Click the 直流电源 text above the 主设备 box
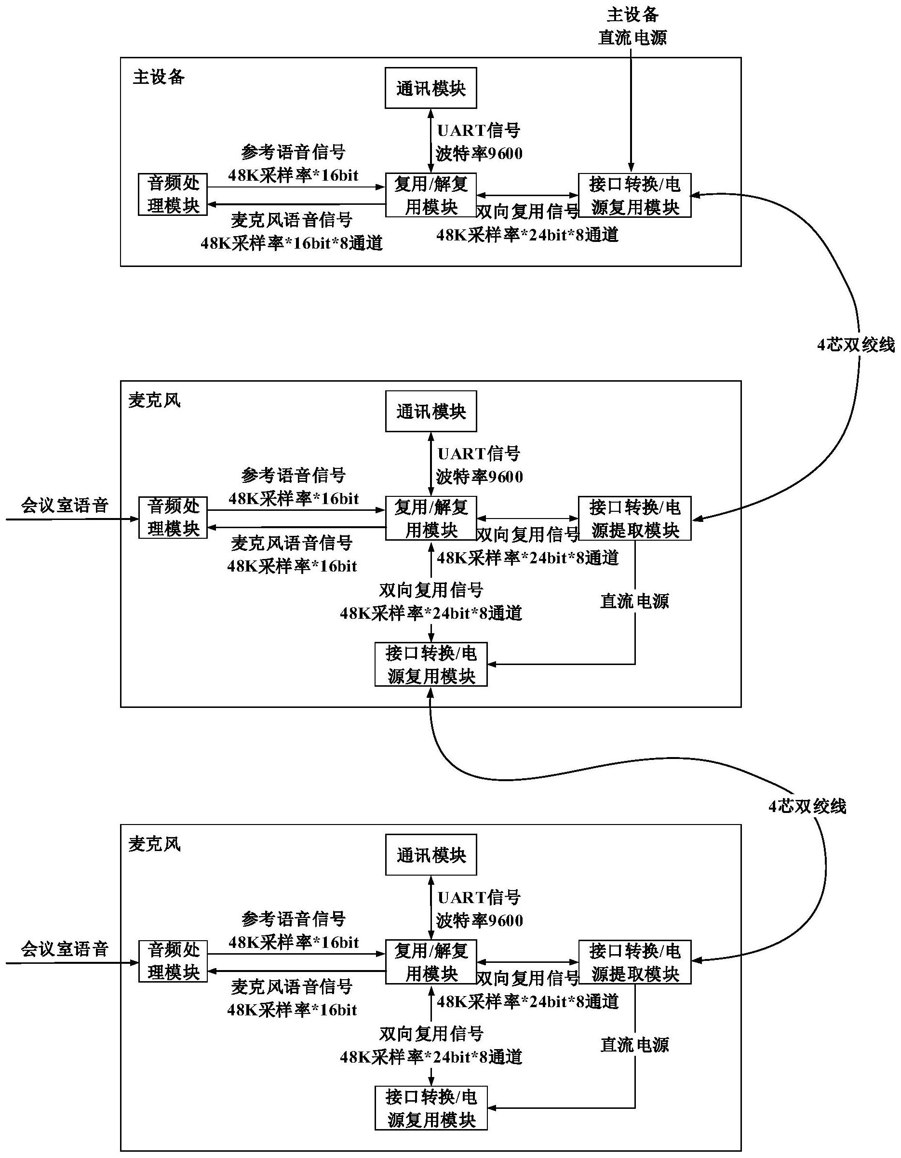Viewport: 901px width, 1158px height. click(x=632, y=38)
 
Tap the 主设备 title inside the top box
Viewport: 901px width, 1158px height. click(x=159, y=78)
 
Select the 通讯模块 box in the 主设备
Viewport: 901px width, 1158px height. click(x=430, y=88)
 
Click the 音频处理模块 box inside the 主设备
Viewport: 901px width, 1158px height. click(x=173, y=195)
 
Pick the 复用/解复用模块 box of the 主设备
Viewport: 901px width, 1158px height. click(x=430, y=195)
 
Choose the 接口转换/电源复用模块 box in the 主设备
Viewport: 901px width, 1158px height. click(x=635, y=196)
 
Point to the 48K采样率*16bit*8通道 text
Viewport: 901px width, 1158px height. click(x=292, y=243)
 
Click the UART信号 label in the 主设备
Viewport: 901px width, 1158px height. click(x=478, y=131)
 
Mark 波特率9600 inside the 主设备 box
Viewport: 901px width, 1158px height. click(x=479, y=154)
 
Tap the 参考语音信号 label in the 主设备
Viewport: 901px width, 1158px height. click(x=293, y=153)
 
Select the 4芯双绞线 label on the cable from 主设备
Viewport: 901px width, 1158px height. click(x=855, y=345)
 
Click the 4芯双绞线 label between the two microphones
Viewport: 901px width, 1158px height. click(x=807, y=807)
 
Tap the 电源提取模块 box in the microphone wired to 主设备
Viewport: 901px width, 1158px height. click(x=635, y=519)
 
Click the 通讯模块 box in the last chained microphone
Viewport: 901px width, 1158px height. click(x=430, y=855)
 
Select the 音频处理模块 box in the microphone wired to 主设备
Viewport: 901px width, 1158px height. click(x=173, y=518)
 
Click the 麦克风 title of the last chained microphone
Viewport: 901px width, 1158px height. click(x=154, y=845)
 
